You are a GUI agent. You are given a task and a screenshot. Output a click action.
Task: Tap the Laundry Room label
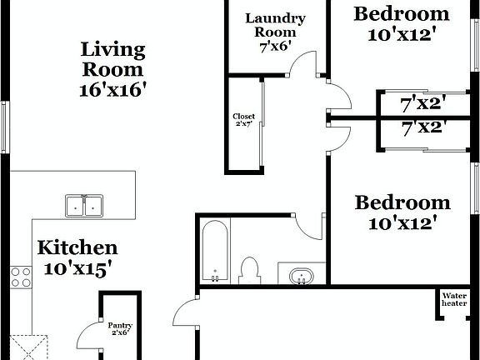[274, 25]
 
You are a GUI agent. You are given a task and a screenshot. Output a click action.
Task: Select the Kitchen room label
[78, 247]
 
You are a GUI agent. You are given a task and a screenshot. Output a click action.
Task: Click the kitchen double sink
[84, 205]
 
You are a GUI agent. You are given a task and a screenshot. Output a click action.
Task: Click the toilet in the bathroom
[249, 270]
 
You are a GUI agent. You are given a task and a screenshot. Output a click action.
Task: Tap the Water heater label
[454, 299]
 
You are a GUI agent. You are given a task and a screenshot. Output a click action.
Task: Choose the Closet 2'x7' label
[244, 120]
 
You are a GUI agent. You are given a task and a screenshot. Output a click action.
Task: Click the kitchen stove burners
[20, 277]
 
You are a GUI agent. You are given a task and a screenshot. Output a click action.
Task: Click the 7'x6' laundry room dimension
[275, 48]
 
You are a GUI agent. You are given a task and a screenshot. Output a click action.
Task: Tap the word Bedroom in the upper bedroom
[402, 13]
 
